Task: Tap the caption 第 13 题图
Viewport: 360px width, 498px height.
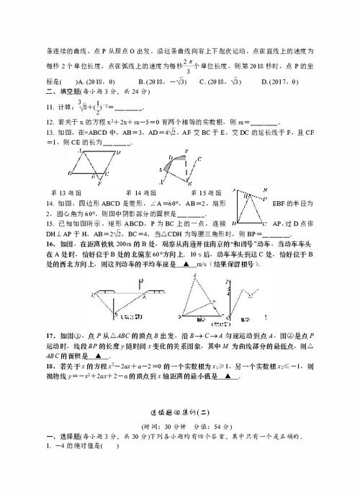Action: tap(68, 192)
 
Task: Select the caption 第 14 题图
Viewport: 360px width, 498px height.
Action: tap(141, 192)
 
